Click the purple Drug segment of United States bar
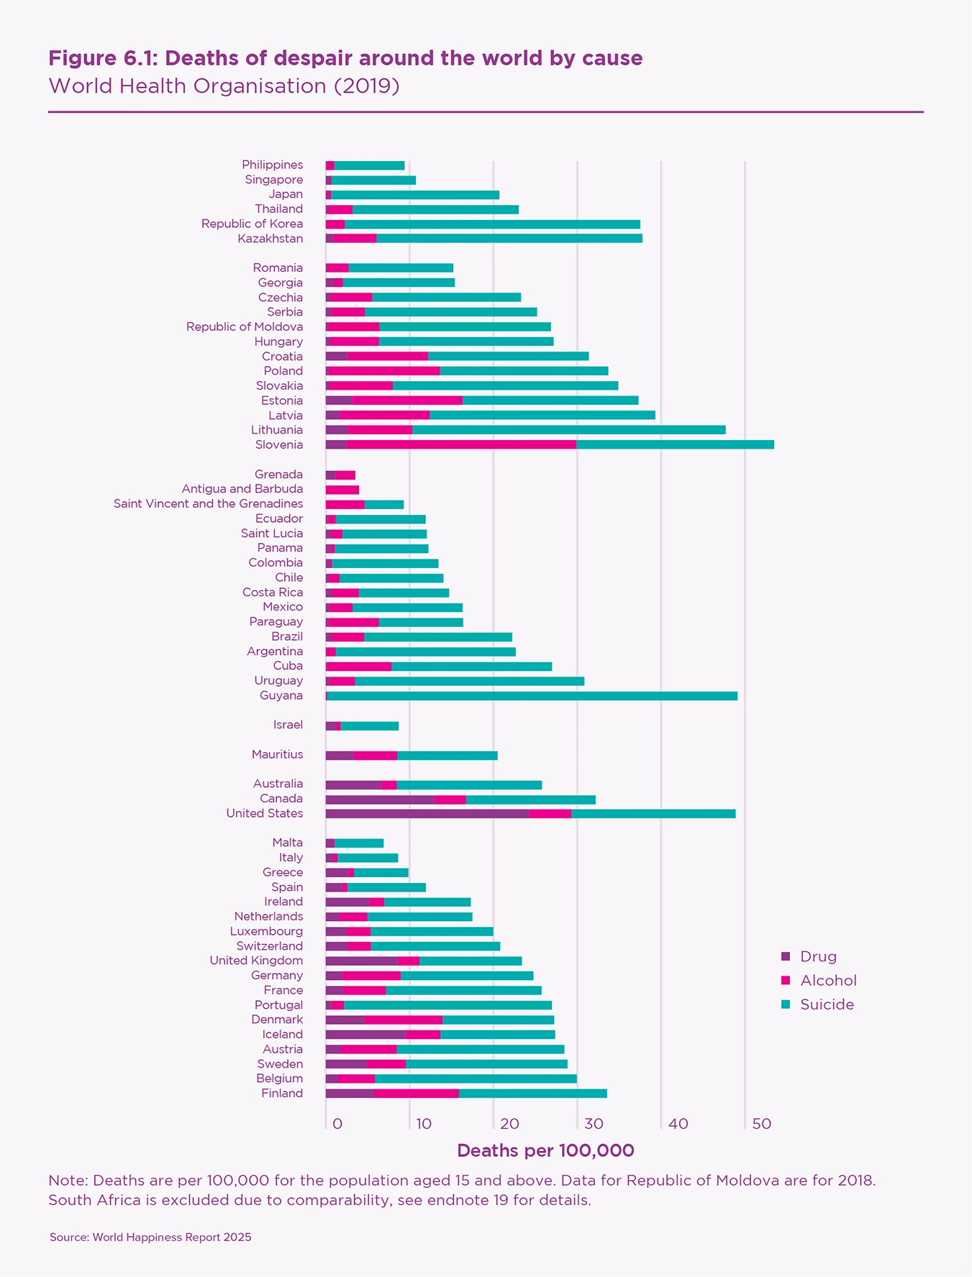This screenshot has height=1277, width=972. tap(427, 813)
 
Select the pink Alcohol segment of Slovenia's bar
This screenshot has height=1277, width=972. tap(461, 444)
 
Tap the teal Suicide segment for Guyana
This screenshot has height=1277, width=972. tap(532, 695)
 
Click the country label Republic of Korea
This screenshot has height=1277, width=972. tap(252, 224)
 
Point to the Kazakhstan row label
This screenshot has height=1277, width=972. tap(270, 239)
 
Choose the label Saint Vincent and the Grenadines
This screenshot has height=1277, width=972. tap(208, 503)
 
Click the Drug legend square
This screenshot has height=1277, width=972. tap(786, 956)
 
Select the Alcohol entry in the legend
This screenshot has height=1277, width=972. tap(828, 981)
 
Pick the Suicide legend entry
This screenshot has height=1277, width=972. tap(827, 1004)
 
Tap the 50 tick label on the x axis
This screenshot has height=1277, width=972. tap(761, 1124)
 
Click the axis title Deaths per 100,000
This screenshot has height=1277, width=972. tap(545, 1151)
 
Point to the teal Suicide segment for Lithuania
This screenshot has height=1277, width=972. tap(569, 430)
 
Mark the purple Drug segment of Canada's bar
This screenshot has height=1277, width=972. tap(380, 799)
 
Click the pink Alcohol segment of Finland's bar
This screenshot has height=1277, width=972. tap(417, 1094)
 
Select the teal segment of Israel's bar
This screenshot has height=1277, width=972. tap(370, 726)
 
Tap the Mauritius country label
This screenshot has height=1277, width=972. tap(277, 754)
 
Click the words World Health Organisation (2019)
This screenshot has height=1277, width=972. tap(224, 86)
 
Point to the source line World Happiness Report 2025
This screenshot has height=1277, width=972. tap(150, 1237)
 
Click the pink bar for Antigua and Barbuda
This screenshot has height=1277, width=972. tap(342, 490)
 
